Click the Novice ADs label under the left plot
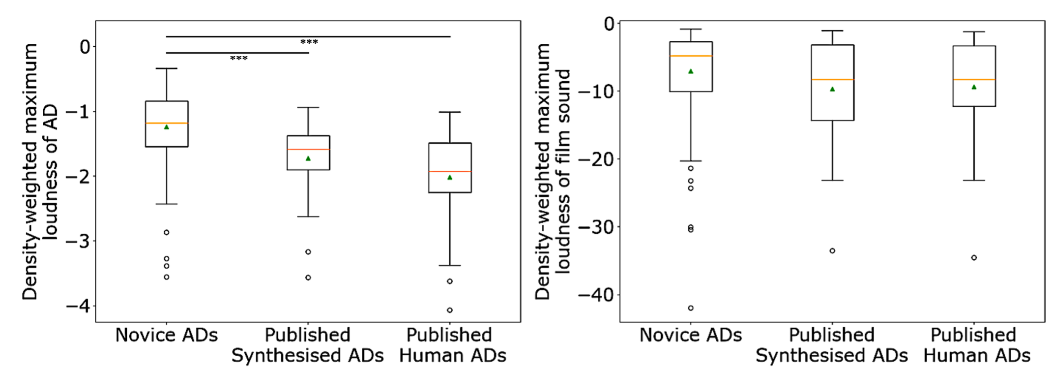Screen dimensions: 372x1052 166,335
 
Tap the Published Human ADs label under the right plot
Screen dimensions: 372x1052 976,345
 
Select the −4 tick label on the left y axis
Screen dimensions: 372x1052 79,306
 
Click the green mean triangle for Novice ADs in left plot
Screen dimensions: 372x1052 167,127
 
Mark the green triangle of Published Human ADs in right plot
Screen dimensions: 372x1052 974,87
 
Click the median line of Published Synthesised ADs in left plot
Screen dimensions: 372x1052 308,149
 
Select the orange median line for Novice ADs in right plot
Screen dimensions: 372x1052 691,56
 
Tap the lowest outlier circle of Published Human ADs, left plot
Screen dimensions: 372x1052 450,310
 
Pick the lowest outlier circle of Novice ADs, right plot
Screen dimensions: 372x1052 691,308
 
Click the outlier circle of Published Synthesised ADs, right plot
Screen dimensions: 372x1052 832,250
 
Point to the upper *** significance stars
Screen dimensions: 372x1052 309,42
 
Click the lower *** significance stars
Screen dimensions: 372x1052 239,59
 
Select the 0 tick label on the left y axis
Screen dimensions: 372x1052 85,47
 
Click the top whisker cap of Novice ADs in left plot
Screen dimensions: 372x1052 167,68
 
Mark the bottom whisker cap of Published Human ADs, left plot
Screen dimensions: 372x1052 450,265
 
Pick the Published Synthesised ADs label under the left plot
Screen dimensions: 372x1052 308,345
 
